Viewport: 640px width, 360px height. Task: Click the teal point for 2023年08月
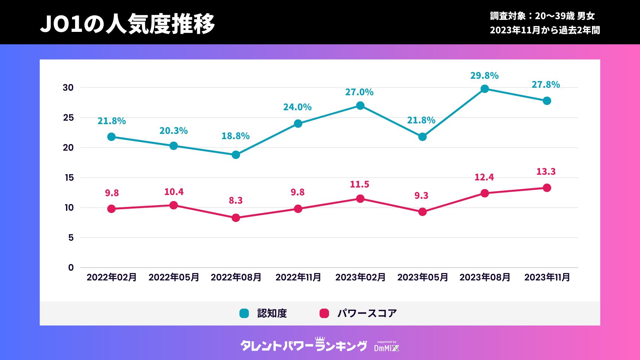(485, 89)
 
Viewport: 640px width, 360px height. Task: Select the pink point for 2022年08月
(236, 218)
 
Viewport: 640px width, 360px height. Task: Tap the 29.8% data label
(484, 76)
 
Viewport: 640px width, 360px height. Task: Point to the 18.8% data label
(235, 136)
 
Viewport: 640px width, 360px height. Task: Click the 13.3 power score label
(546, 172)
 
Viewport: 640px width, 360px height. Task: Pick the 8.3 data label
(236, 201)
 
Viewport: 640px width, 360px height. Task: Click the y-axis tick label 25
(68, 118)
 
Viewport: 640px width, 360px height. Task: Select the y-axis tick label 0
(71, 268)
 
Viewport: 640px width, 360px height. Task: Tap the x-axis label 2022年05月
(174, 277)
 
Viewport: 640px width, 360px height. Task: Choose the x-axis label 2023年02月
(360, 277)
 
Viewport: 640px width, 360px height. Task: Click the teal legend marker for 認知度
(244, 313)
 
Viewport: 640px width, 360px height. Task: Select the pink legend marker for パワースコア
(324, 313)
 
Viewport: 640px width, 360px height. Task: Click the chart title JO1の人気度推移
(127, 24)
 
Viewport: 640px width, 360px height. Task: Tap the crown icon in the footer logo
(320, 339)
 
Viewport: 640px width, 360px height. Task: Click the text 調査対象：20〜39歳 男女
(542, 16)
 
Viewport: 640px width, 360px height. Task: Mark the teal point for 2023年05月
(422, 137)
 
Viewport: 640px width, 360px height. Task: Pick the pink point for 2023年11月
(547, 188)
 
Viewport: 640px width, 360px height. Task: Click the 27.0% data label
(359, 92)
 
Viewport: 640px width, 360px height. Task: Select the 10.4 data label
(174, 192)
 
